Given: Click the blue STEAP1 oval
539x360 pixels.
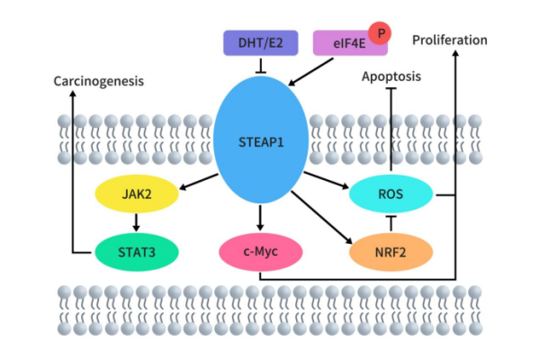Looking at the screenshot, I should coord(260,140).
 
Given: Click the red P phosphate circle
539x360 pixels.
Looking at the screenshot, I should coord(382,33).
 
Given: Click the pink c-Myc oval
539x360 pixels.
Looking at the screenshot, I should coord(260,250).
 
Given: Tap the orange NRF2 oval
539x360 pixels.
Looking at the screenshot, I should coord(389,250).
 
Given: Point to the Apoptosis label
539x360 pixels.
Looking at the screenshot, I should coord(391,76).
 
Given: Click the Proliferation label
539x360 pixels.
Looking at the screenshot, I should coord(450,40).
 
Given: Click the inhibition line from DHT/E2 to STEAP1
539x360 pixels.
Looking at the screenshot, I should coord(260,63).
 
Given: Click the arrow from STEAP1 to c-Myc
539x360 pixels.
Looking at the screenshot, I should coord(260,217).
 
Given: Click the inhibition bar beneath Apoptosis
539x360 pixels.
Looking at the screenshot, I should coord(391,90).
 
